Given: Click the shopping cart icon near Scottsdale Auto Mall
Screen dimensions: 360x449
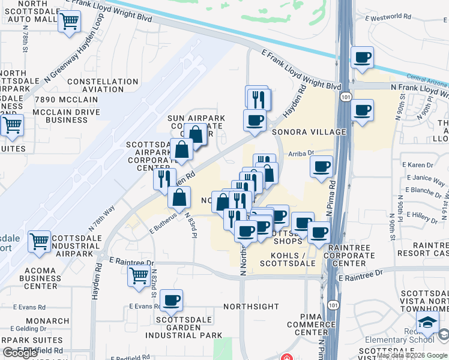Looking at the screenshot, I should pos(70,22).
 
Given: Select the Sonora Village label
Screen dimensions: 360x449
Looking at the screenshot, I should pos(309,132).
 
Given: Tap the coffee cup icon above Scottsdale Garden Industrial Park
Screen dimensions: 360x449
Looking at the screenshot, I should pos(172,300).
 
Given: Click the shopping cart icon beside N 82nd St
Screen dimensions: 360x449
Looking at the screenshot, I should pos(139,275).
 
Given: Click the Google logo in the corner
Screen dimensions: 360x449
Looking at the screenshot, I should pos(20,353).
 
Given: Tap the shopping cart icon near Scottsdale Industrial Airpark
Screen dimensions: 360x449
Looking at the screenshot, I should pos(40,241).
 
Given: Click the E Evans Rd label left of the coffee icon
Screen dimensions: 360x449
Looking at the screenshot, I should pos(145,306).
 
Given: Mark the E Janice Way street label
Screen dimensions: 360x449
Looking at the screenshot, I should pos(424,178).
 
